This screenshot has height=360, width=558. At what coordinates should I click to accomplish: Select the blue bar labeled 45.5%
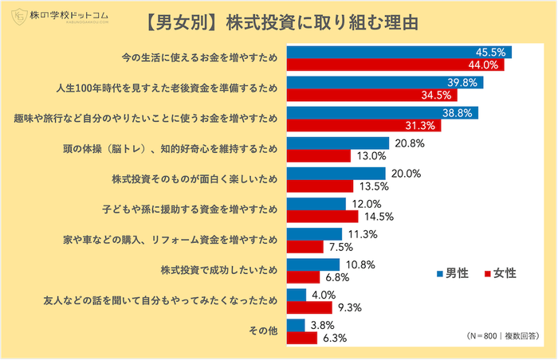399,53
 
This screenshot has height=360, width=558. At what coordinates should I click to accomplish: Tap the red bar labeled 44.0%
395,65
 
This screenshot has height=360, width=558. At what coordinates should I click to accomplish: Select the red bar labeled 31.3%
363,126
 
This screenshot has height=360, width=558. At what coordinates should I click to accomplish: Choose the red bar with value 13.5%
319,186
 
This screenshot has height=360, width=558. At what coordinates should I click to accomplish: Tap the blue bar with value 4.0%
295,295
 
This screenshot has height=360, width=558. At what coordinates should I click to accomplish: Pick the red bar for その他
301,337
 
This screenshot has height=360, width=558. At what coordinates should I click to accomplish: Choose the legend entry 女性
500,273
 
